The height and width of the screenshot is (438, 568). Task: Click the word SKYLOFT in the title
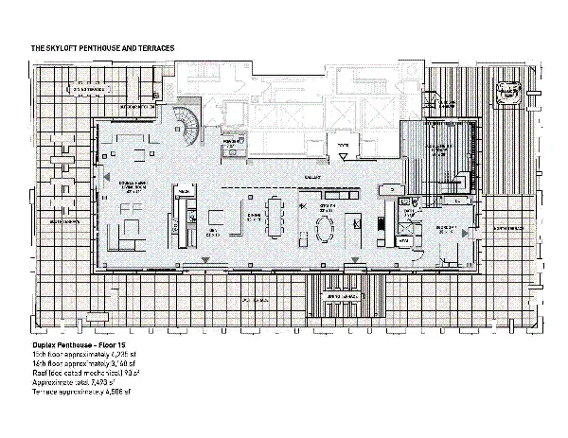click(x=66, y=47)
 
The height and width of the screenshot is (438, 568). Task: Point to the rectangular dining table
click(x=275, y=217)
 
